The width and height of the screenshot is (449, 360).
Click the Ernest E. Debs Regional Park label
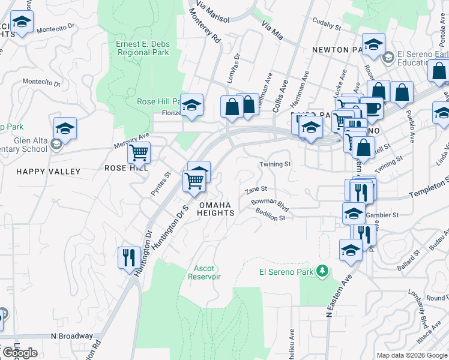click(x=143, y=47)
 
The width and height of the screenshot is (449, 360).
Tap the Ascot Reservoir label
click(x=204, y=272)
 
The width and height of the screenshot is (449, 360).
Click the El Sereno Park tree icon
click(x=323, y=272)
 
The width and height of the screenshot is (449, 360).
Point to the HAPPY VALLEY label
click(x=48, y=172)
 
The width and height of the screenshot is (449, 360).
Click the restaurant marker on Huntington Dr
click(x=129, y=259)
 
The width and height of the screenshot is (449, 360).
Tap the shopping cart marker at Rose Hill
click(x=139, y=153)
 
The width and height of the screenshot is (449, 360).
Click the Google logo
click(x=19, y=353)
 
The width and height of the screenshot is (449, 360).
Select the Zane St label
click(x=256, y=190)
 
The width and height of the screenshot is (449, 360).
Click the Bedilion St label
click(x=270, y=217)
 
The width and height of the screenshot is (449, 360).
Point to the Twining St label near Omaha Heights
click(x=275, y=164)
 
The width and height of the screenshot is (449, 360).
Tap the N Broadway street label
click(x=72, y=336)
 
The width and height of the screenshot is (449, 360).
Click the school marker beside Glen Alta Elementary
click(x=65, y=128)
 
